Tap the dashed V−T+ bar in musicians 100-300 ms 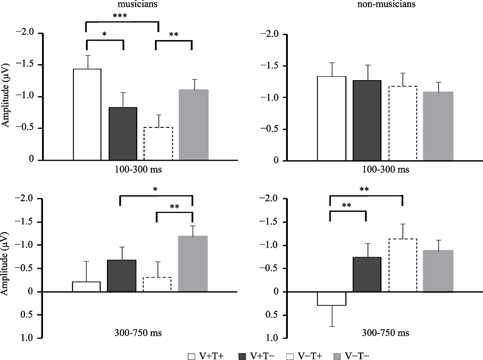[x=158, y=143]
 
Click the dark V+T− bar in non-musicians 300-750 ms [x=367, y=274]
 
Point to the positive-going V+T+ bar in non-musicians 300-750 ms [x=331, y=298]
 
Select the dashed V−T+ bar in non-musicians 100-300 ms [x=403, y=123]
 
